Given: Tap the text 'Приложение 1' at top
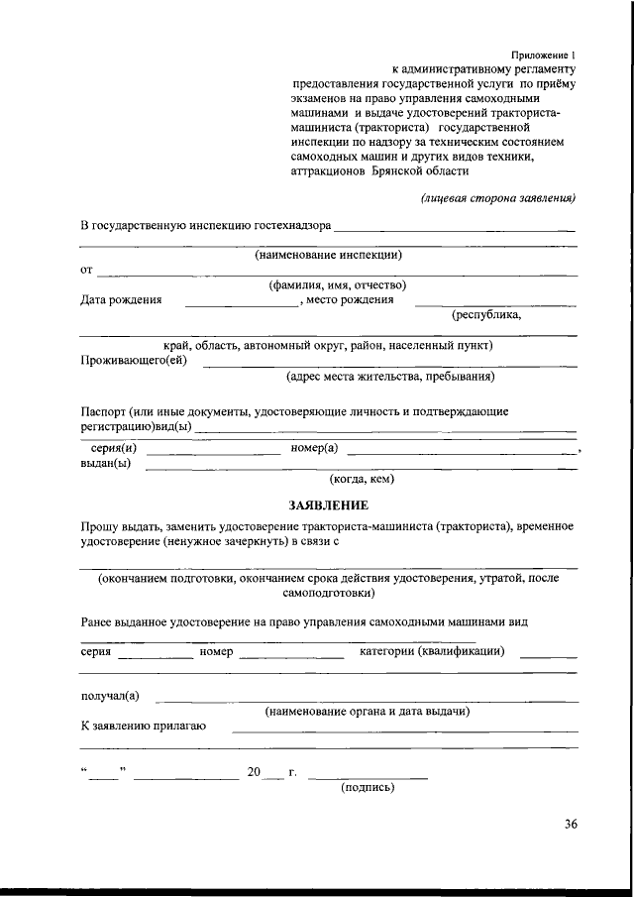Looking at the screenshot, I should [x=543, y=56].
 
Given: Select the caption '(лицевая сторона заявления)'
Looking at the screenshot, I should [x=499, y=197].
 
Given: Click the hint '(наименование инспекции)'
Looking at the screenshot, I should [x=328, y=255].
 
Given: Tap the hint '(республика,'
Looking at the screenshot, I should [x=486, y=315].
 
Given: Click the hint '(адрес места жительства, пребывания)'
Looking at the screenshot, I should [x=390, y=377].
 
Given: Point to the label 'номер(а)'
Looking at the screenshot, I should [x=315, y=448].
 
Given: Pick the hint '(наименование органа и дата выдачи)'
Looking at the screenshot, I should [x=367, y=712].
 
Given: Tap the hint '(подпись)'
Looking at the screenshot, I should [x=368, y=788].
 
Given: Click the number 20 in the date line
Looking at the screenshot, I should [x=255, y=772].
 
